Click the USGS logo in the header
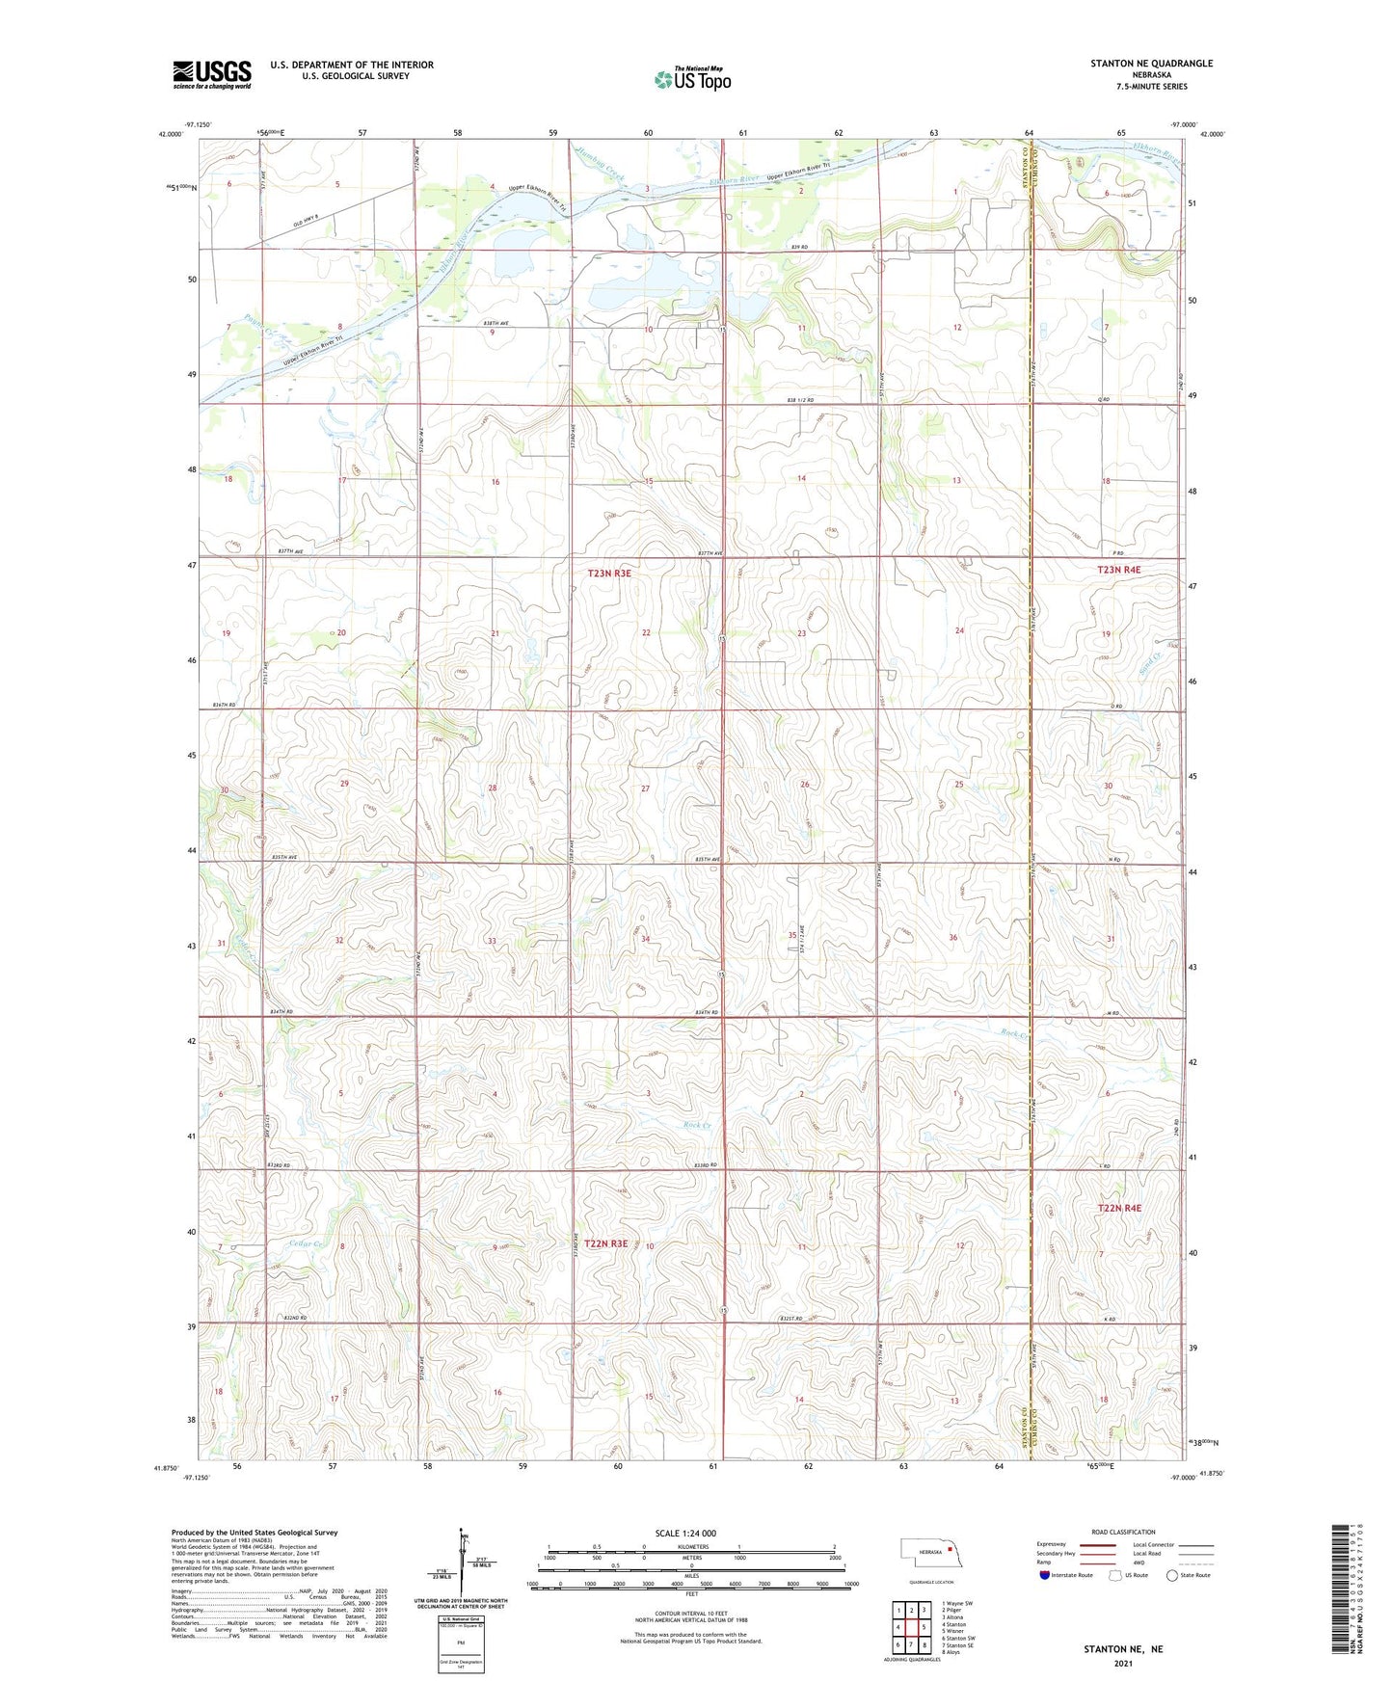tap(212, 74)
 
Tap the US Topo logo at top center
tap(692, 79)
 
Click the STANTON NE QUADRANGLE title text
tap(1151, 64)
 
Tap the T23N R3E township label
tap(609, 574)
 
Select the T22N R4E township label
tap(1118, 1208)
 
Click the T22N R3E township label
tap(604, 1243)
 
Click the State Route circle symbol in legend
tap(1172, 1575)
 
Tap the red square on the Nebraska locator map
tap(950, 1551)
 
